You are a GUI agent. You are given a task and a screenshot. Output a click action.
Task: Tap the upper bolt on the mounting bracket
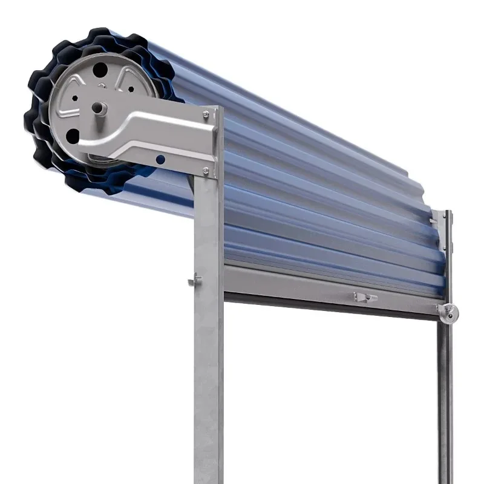coord(206,113)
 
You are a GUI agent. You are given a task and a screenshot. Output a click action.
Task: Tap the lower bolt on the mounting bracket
coord(206,171)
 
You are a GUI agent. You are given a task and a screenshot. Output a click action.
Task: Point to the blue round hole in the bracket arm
coord(160,160)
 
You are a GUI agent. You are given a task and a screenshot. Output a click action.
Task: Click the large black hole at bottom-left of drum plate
coord(73,136)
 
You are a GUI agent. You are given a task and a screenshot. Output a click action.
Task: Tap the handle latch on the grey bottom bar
coord(365,297)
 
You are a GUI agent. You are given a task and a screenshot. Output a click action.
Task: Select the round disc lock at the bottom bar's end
coord(448,312)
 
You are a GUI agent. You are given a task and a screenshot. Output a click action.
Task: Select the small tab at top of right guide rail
coord(434,220)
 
